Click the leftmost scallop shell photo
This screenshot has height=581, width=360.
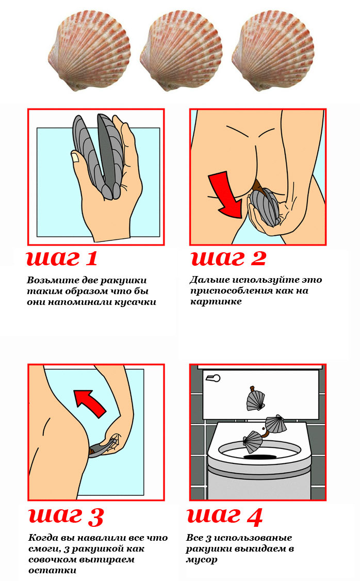point(90,51)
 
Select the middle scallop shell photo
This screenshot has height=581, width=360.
point(181,51)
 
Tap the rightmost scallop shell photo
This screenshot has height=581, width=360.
point(273,51)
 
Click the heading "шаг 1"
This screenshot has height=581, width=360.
point(62,259)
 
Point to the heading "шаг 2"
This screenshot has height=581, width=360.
point(228,259)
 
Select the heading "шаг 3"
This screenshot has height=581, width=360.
point(66,515)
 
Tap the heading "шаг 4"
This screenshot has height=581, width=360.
point(225,515)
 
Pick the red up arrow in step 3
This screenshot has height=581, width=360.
point(90,403)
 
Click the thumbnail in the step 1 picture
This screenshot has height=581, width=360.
point(75,157)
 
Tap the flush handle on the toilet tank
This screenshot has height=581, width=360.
point(212,378)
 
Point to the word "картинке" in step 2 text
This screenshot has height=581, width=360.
point(216,302)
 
